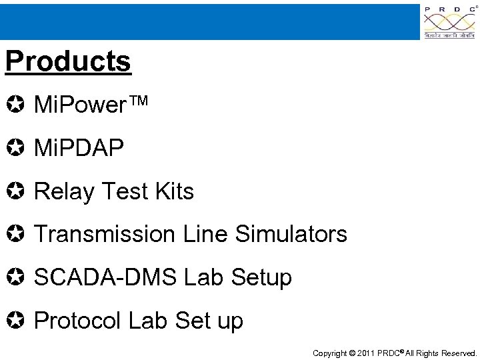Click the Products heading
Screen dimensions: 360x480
coord(68,61)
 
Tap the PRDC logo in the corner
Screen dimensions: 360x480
coord(449,22)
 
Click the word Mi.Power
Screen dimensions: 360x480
coord(79,105)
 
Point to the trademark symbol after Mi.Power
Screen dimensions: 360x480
coord(138,103)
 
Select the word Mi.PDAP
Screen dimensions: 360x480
coord(79,148)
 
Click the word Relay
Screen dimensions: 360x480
coord(64,191)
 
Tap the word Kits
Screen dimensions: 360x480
coord(174,191)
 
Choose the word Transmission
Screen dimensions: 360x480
coord(107,234)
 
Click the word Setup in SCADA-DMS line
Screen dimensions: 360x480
coord(261,277)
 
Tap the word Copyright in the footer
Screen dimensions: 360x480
coord(330,353)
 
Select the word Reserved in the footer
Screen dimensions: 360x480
coord(457,353)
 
